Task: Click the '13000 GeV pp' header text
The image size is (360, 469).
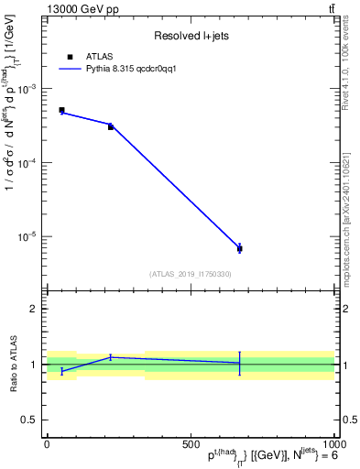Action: (x=81, y=9)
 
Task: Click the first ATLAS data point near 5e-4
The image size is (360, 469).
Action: (x=61, y=110)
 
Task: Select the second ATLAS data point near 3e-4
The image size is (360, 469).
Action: (x=111, y=126)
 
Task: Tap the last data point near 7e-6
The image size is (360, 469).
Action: (x=239, y=248)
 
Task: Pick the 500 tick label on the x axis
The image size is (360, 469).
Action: (x=191, y=442)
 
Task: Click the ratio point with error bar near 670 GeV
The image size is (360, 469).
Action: (x=239, y=363)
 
